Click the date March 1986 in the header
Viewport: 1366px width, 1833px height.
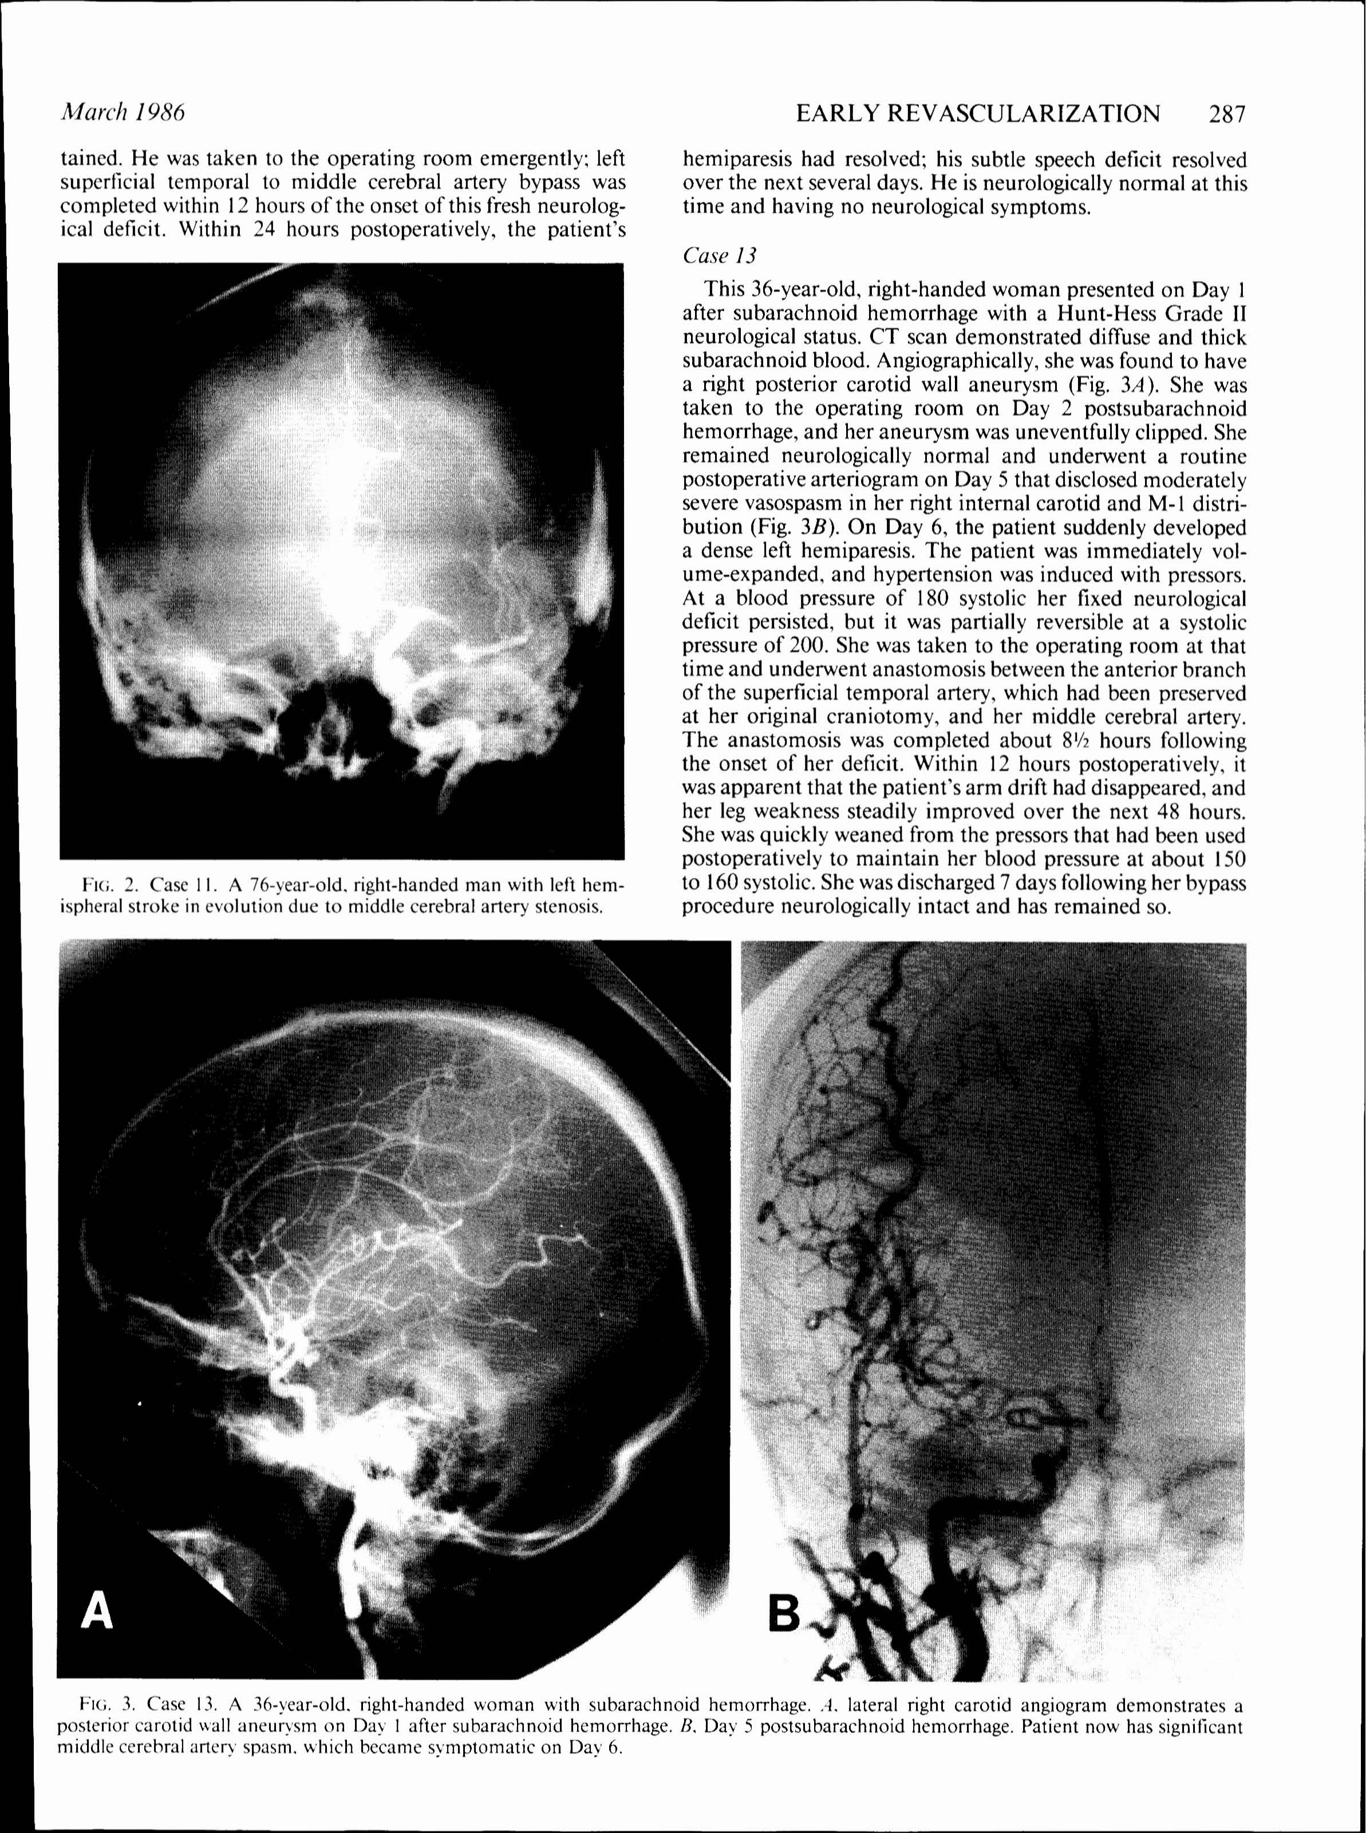pyautogui.click(x=123, y=112)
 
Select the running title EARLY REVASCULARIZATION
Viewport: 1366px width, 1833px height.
pyautogui.click(x=977, y=113)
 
